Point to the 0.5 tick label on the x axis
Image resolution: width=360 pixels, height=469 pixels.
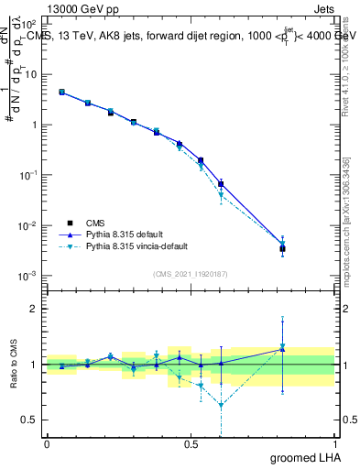[x=191, y=443]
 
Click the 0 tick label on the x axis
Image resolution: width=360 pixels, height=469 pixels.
[x=47, y=443]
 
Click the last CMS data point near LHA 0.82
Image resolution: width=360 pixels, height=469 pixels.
[x=283, y=248]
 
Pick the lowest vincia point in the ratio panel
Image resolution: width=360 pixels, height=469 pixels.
[x=221, y=404]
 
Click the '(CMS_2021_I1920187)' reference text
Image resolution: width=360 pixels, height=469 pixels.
[x=191, y=273]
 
